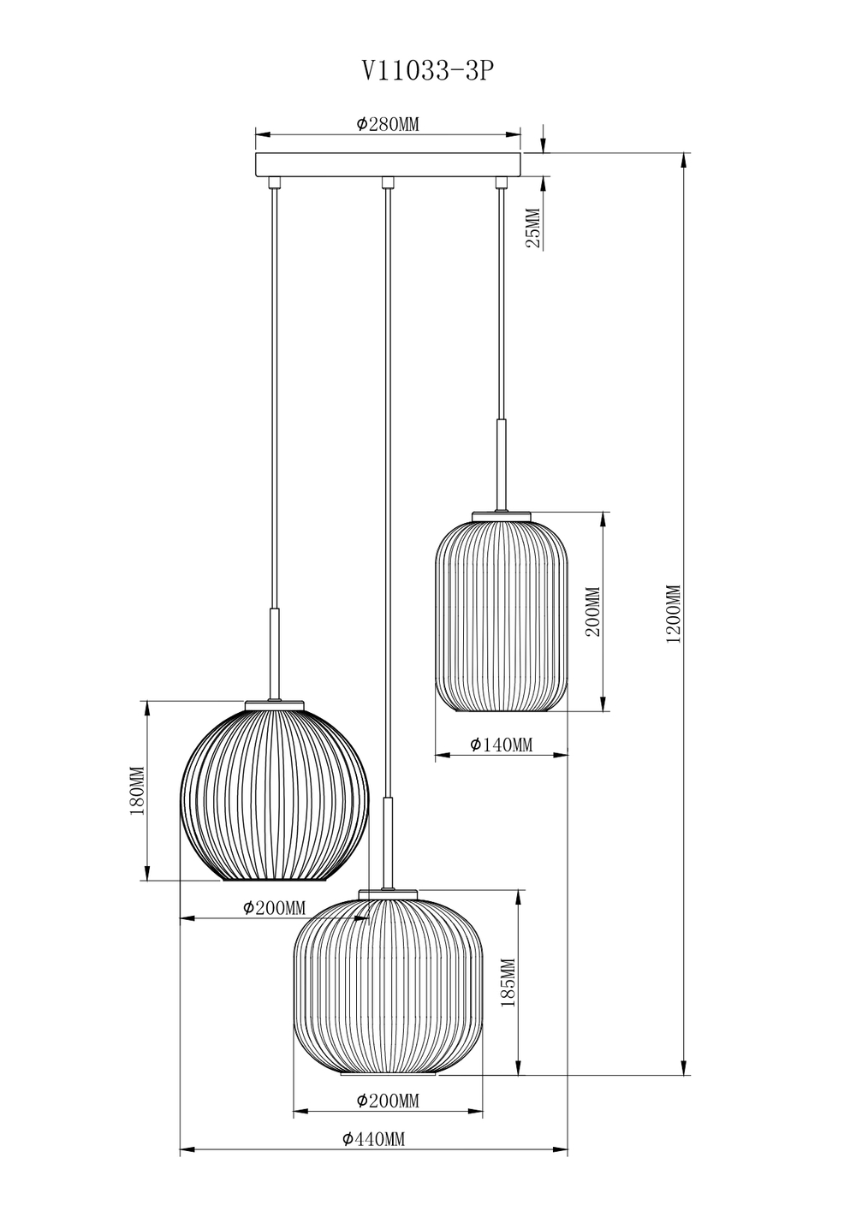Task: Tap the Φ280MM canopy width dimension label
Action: (388, 124)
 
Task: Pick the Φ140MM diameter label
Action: (501, 745)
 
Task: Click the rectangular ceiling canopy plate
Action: (388, 164)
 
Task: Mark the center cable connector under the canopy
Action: (388, 181)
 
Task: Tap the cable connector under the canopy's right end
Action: (501, 181)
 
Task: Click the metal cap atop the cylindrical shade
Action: (501, 516)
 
